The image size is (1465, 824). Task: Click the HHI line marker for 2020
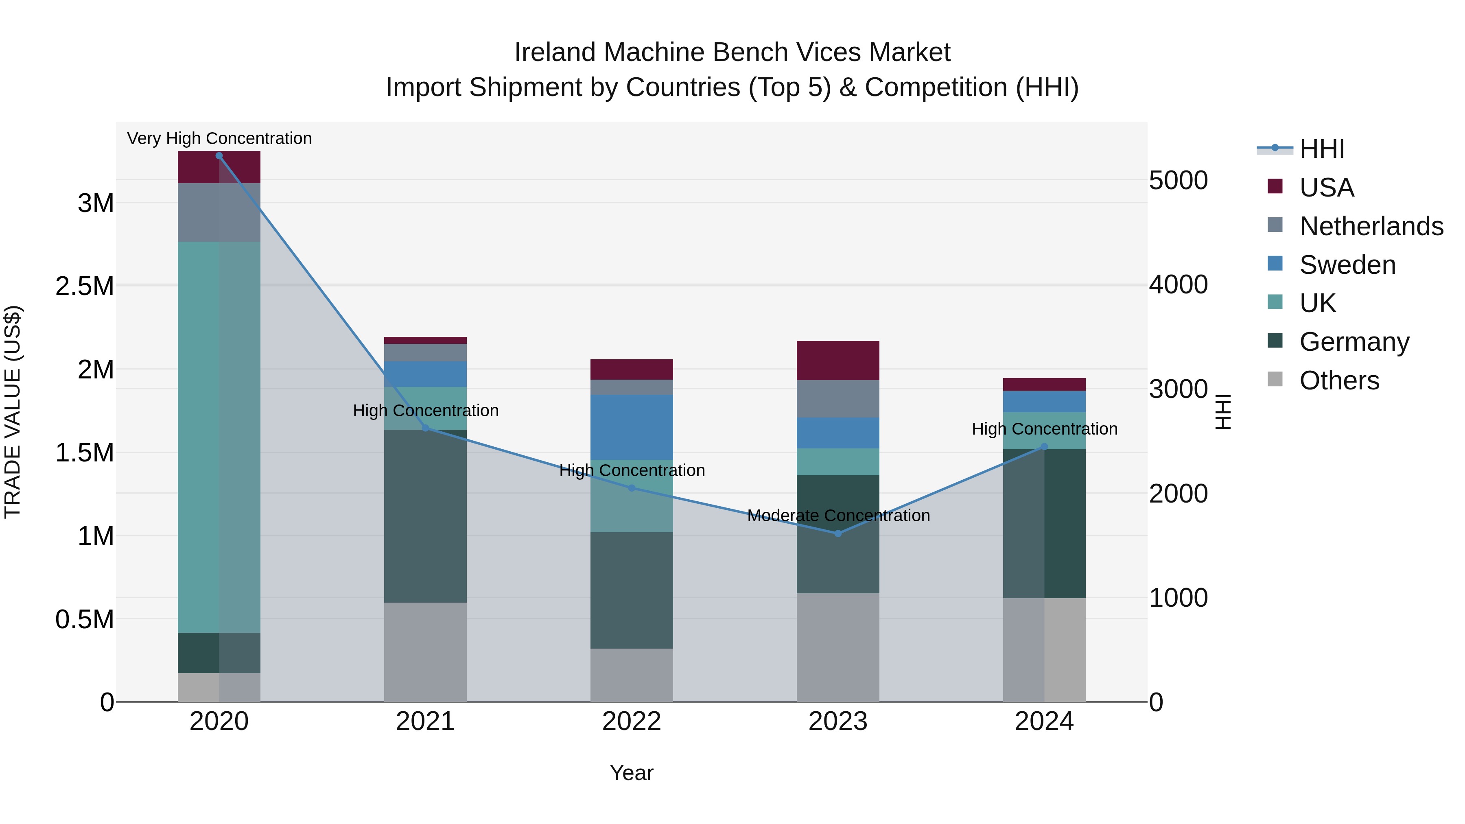(x=219, y=156)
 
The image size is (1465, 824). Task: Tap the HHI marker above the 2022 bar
(x=631, y=488)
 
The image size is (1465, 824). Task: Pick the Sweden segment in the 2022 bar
(x=631, y=427)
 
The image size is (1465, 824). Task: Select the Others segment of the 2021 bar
(x=425, y=652)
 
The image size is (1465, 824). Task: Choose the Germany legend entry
(x=1353, y=342)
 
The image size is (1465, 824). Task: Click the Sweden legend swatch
(x=1275, y=264)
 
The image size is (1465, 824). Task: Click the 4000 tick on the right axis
(x=1179, y=284)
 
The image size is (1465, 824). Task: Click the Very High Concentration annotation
(x=219, y=138)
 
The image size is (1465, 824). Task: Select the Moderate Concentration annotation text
(x=838, y=516)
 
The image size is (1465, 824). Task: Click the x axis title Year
(x=631, y=773)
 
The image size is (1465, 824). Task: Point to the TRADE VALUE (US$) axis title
(x=13, y=412)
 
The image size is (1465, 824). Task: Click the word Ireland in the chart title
(x=555, y=52)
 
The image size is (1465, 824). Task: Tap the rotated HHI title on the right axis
(x=1223, y=412)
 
